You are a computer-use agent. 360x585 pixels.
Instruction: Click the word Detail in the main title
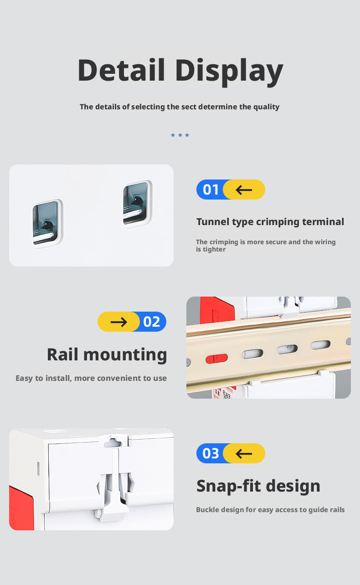(121, 70)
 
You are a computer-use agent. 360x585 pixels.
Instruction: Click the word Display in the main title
(229, 72)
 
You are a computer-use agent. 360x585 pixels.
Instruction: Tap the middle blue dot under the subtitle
(180, 135)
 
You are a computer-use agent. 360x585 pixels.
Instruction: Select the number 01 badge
(211, 190)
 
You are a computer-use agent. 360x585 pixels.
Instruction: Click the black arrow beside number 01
(244, 190)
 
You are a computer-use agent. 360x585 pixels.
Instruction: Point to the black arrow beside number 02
(119, 322)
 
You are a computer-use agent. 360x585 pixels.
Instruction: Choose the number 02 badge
(152, 322)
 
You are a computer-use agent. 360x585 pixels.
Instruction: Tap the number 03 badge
(211, 453)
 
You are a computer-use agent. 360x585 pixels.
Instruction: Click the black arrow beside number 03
(244, 454)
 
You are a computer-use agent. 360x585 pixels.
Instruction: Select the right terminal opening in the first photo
(136, 204)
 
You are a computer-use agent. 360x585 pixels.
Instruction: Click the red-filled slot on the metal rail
(216, 359)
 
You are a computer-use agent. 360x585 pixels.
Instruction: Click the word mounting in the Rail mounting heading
(125, 355)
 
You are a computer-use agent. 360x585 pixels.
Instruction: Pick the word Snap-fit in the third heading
(229, 486)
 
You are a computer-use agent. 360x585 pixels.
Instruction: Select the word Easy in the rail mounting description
(24, 378)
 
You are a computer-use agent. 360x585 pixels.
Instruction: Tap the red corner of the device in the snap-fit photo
(21, 508)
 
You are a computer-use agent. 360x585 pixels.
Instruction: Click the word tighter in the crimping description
(214, 249)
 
